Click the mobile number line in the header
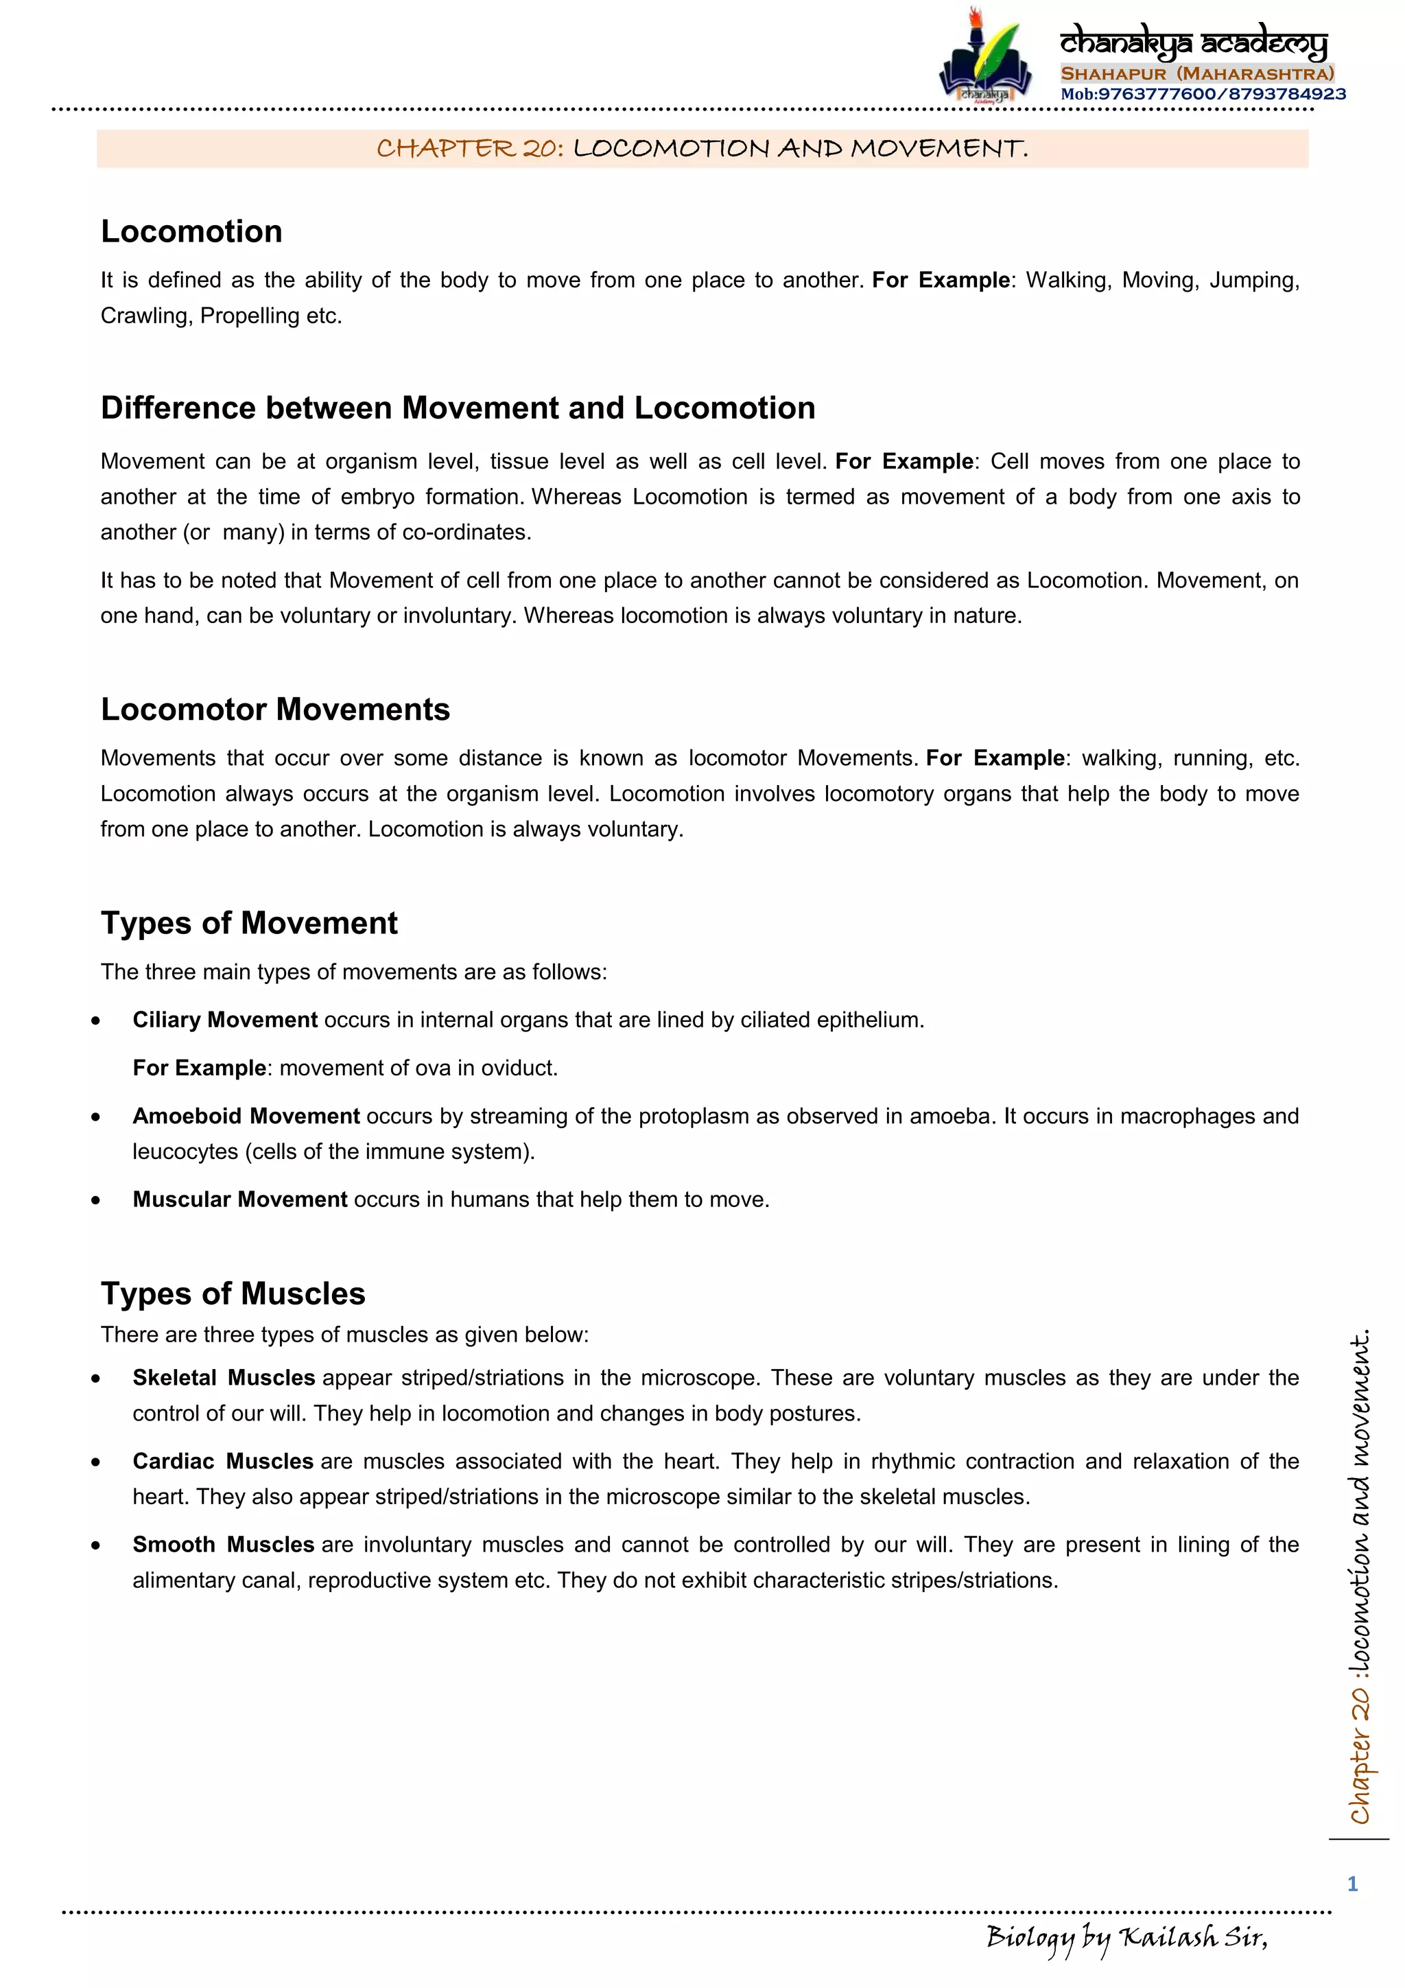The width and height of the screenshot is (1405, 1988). tap(1203, 95)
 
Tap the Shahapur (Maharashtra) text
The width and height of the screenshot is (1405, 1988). tap(1196, 73)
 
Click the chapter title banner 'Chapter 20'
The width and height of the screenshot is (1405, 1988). tap(702, 148)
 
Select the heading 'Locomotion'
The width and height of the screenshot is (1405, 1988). tap(191, 231)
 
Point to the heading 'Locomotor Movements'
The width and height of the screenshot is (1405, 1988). tap(274, 709)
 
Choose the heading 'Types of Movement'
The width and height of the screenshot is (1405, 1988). tap(248, 923)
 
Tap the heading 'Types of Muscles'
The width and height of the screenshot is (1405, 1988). tap(233, 1294)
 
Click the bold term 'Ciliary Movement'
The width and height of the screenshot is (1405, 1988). tap(224, 1020)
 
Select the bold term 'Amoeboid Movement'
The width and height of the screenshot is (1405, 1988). tap(246, 1116)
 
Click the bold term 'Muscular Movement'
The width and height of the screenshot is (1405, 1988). tap(240, 1200)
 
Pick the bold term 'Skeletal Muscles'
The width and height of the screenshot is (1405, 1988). tap(224, 1377)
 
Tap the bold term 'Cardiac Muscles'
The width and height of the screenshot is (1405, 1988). tap(222, 1462)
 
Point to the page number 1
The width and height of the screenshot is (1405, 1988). tap(1352, 1884)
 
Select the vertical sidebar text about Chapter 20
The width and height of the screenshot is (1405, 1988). tap(1360, 1576)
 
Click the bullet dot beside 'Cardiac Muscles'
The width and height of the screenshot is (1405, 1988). tap(95, 1462)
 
